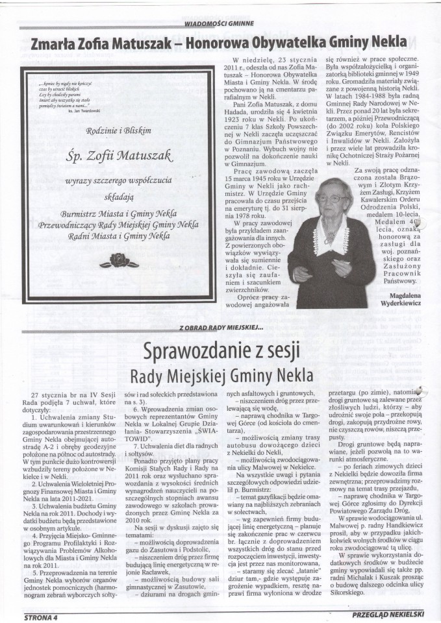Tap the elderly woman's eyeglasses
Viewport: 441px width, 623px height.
[331, 197]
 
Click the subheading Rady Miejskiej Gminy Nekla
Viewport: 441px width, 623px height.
[220, 376]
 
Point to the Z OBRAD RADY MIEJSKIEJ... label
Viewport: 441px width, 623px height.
[220, 328]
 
